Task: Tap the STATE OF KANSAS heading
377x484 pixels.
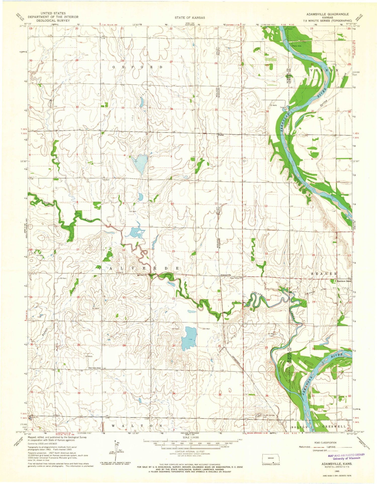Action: coord(190,18)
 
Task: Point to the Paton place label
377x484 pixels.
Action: coord(221,135)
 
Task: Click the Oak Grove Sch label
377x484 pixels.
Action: coord(95,368)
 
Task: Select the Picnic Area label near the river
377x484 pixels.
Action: coord(297,46)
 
